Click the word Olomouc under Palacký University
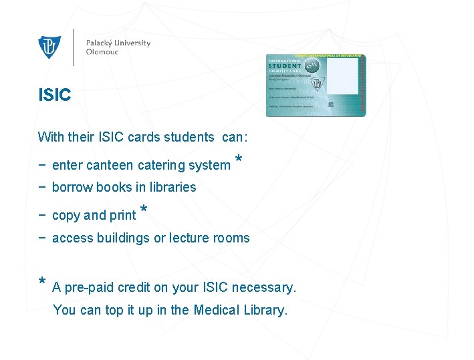pos(102,52)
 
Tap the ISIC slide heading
pos(55,96)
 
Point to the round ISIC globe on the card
pos(312,67)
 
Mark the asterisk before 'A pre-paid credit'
pos(42,283)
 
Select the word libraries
pos(173,188)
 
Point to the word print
pos(122,216)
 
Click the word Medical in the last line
pos(217,310)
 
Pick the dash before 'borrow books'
pos(42,187)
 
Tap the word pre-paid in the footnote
pos(90,288)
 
